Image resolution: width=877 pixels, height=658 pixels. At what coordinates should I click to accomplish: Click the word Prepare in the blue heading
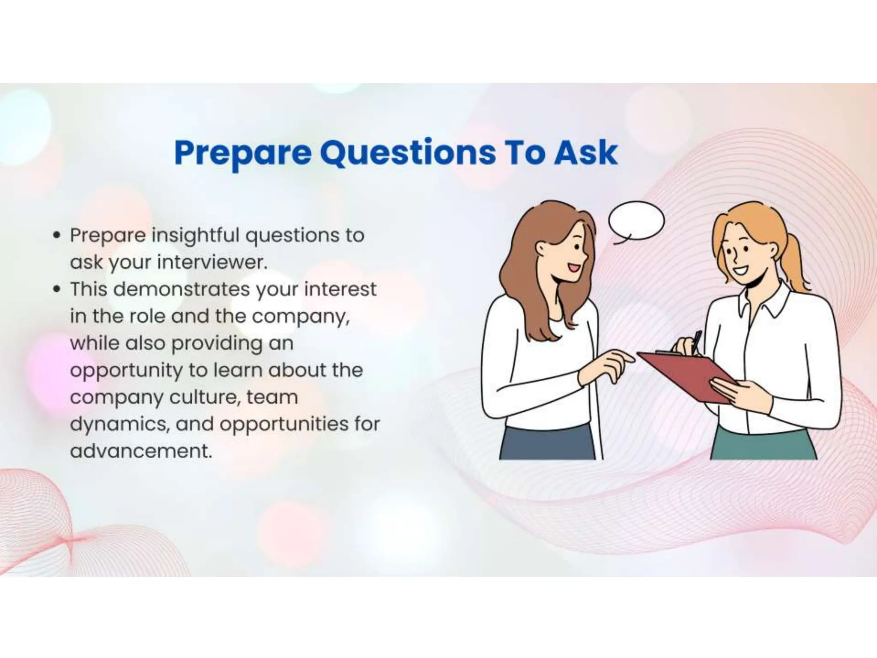coord(243,153)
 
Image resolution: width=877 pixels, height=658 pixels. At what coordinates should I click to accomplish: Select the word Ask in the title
coord(585,153)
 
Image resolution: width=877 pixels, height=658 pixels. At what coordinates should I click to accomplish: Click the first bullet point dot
coord(56,235)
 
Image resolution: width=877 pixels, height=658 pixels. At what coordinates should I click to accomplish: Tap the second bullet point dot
coord(56,289)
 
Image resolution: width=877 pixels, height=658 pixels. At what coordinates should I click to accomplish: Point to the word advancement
coord(141,451)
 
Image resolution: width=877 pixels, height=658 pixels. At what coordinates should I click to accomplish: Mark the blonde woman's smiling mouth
coord(740,271)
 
